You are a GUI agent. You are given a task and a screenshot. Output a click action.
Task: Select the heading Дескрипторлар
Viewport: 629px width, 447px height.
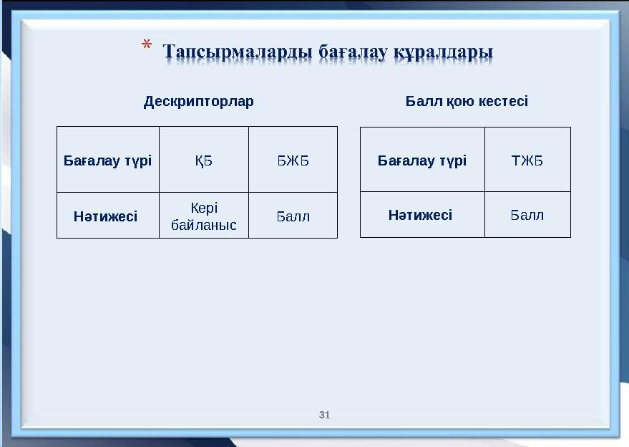tap(198, 101)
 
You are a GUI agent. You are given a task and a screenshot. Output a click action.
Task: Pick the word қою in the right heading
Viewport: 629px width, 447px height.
tap(459, 101)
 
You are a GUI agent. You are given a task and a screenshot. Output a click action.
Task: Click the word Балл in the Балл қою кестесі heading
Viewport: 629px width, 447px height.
tap(424, 101)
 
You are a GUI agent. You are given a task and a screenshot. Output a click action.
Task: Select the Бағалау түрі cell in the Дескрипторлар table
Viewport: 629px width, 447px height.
tap(108, 160)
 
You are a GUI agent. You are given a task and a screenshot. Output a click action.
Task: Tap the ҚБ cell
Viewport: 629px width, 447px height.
tap(204, 160)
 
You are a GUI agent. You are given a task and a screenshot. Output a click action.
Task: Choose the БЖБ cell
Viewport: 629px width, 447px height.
tap(293, 160)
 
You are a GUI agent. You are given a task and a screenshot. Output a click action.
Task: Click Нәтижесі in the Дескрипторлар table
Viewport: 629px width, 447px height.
tap(106, 216)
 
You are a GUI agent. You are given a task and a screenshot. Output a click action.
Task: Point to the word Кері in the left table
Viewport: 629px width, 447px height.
tap(204, 208)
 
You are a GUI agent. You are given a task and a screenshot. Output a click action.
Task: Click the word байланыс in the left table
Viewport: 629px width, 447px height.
tap(204, 224)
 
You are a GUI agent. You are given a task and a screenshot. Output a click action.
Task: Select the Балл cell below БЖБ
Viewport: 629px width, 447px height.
tap(293, 216)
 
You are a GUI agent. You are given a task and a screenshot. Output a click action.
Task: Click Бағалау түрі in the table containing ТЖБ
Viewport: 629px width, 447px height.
tap(422, 160)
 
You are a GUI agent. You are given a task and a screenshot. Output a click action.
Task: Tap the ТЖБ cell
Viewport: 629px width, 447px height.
tap(527, 160)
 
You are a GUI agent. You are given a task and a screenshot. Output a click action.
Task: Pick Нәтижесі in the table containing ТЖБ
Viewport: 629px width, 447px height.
tap(421, 214)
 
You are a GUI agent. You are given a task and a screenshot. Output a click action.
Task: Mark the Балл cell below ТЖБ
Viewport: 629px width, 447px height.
tap(527, 214)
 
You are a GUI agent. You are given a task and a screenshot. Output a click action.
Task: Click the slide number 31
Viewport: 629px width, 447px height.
tap(325, 415)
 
